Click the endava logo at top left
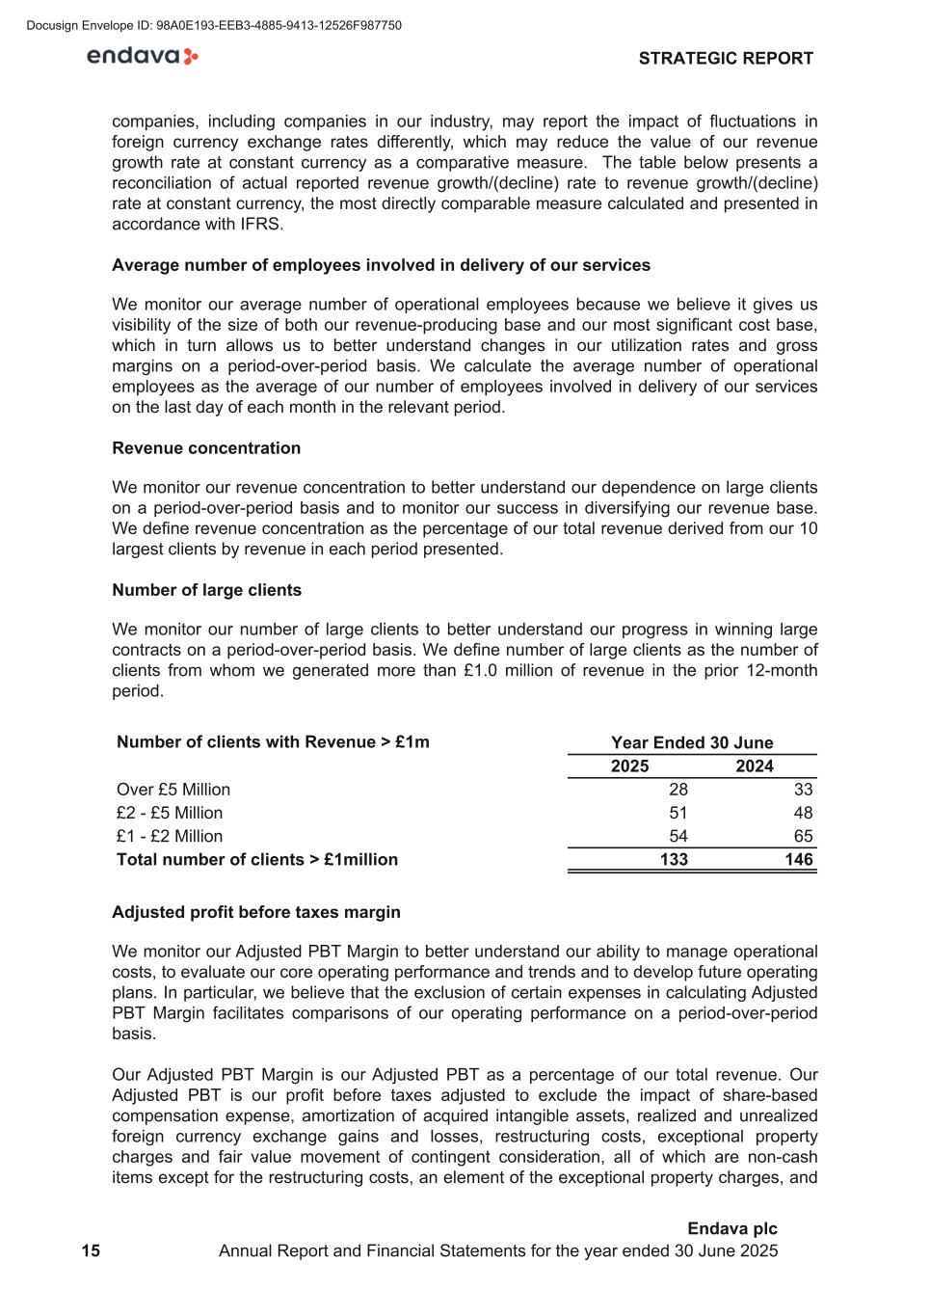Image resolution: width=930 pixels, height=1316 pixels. click(143, 57)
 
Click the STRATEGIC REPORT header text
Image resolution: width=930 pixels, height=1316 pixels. click(726, 59)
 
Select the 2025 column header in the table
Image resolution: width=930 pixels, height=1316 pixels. click(630, 766)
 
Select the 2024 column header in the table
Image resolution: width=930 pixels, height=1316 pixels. click(755, 766)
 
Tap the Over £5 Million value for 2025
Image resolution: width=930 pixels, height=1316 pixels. click(678, 790)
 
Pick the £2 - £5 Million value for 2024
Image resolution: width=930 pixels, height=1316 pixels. click(803, 813)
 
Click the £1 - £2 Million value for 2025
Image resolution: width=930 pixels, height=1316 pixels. click(678, 836)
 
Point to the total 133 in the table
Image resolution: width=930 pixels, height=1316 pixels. click(674, 860)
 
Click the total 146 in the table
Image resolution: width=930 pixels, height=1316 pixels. click(799, 860)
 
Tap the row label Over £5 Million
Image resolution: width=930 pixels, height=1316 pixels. click(173, 790)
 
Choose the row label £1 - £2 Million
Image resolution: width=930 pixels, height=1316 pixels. click(170, 836)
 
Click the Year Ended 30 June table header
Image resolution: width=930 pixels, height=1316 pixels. click(692, 742)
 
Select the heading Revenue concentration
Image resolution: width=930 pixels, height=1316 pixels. click(206, 448)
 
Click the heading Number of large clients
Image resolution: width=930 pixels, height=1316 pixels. click(206, 590)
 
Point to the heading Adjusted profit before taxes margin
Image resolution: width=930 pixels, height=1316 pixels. click(256, 912)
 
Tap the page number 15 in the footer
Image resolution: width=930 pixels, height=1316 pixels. click(91, 1250)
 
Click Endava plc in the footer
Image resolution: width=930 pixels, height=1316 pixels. click(731, 1228)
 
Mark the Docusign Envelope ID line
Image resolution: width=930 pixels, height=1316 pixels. click(214, 26)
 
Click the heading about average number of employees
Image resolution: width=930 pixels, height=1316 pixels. click(381, 265)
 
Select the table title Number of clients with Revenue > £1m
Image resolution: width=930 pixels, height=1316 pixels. click(273, 742)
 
